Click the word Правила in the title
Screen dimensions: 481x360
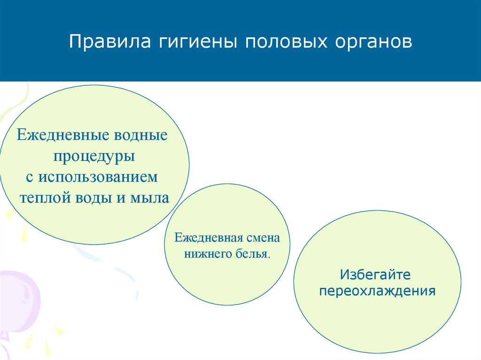coord(110,42)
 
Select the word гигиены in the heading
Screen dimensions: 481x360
coord(198,42)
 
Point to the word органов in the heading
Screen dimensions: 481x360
coord(373,43)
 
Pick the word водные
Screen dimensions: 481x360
coord(141,135)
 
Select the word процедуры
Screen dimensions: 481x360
coord(94,156)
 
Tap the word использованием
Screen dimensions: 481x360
coord(98,177)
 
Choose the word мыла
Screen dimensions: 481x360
coord(150,198)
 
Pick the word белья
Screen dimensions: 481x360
coord(251,254)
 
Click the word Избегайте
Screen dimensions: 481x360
coord(375,275)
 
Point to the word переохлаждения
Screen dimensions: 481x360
coord(377,291)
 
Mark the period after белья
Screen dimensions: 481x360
coord(269,258)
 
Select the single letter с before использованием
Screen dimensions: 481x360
coord(30,178)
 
